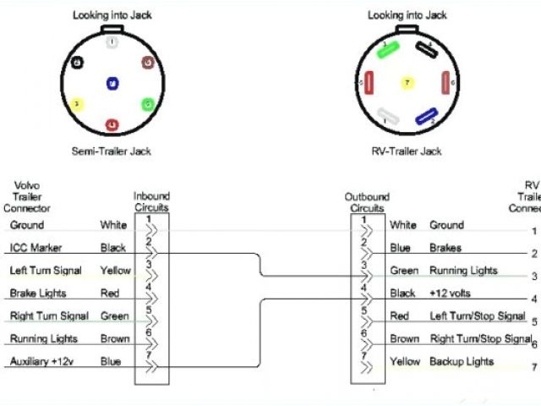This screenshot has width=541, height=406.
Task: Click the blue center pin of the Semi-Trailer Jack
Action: point(112,83)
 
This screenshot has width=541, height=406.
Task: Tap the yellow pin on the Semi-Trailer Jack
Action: point(77,104)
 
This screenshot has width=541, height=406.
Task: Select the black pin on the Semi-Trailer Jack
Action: point(77,63)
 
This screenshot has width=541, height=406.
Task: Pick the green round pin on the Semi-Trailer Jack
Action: point(147,104)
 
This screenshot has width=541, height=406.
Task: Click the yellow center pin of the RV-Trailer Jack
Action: point(407,84)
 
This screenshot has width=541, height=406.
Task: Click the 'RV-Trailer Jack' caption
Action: point(407,151)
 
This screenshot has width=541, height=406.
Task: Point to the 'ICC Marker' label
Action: point(31,248)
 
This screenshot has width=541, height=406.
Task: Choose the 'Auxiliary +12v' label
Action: point(41,362)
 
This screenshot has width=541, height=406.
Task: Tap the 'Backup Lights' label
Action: point(462,361)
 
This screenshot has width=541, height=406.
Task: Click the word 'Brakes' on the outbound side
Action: point(445,248)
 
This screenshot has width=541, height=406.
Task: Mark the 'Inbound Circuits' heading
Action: point(152,201)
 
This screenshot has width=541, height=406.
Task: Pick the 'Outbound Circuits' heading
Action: point(367,201)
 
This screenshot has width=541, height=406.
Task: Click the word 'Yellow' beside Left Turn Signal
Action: point(116,271)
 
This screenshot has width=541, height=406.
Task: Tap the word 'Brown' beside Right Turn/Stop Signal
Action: point(404,339)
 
